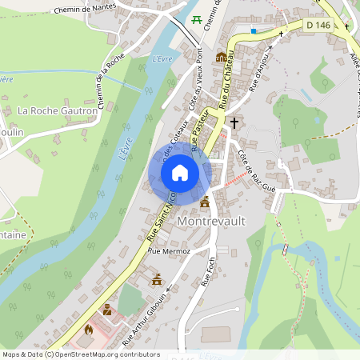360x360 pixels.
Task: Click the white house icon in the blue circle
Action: click(180, 173)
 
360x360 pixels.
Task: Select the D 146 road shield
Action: click(318, 26)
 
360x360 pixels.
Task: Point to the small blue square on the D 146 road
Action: click(254, 30)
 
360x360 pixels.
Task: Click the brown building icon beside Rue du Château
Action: click(221, 57)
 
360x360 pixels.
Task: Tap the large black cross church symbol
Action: click(234, 122)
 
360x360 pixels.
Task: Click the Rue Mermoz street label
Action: click(167, 250)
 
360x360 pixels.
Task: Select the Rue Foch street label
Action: click(210, 271)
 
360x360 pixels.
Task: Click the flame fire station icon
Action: click(89, 328)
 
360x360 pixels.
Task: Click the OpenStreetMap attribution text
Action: click(80, 354)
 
